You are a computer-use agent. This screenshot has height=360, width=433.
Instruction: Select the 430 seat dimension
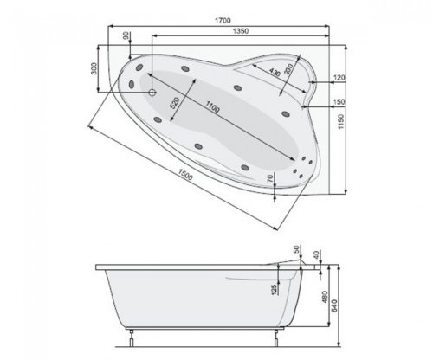click(275, 73)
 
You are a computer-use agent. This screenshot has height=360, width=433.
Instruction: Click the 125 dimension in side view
click(275, 288)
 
